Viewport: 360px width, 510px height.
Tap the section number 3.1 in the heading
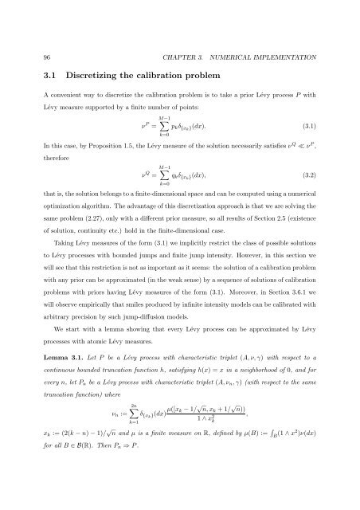tap(32, 56)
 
